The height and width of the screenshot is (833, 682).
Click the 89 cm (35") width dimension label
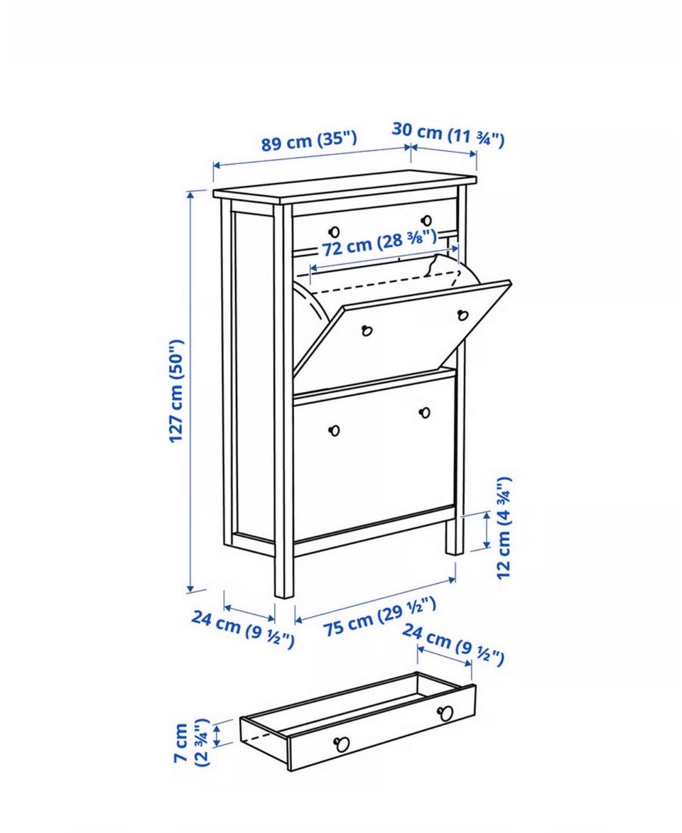309,141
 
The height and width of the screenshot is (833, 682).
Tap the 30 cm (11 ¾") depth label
448,134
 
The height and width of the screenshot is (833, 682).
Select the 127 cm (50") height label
176,391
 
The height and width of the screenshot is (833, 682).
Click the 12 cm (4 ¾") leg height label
504,528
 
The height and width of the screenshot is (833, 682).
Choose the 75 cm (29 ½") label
380,617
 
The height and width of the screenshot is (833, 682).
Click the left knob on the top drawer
334,232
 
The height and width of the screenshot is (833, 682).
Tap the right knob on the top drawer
426,220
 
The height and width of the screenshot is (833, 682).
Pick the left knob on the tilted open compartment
367,330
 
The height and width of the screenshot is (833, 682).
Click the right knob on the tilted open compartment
462,315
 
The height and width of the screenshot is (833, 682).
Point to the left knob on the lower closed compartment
334,430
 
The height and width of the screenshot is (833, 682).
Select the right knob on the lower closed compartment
425,413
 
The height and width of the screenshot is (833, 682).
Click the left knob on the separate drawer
342,744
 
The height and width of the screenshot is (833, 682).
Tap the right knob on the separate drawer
445,713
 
